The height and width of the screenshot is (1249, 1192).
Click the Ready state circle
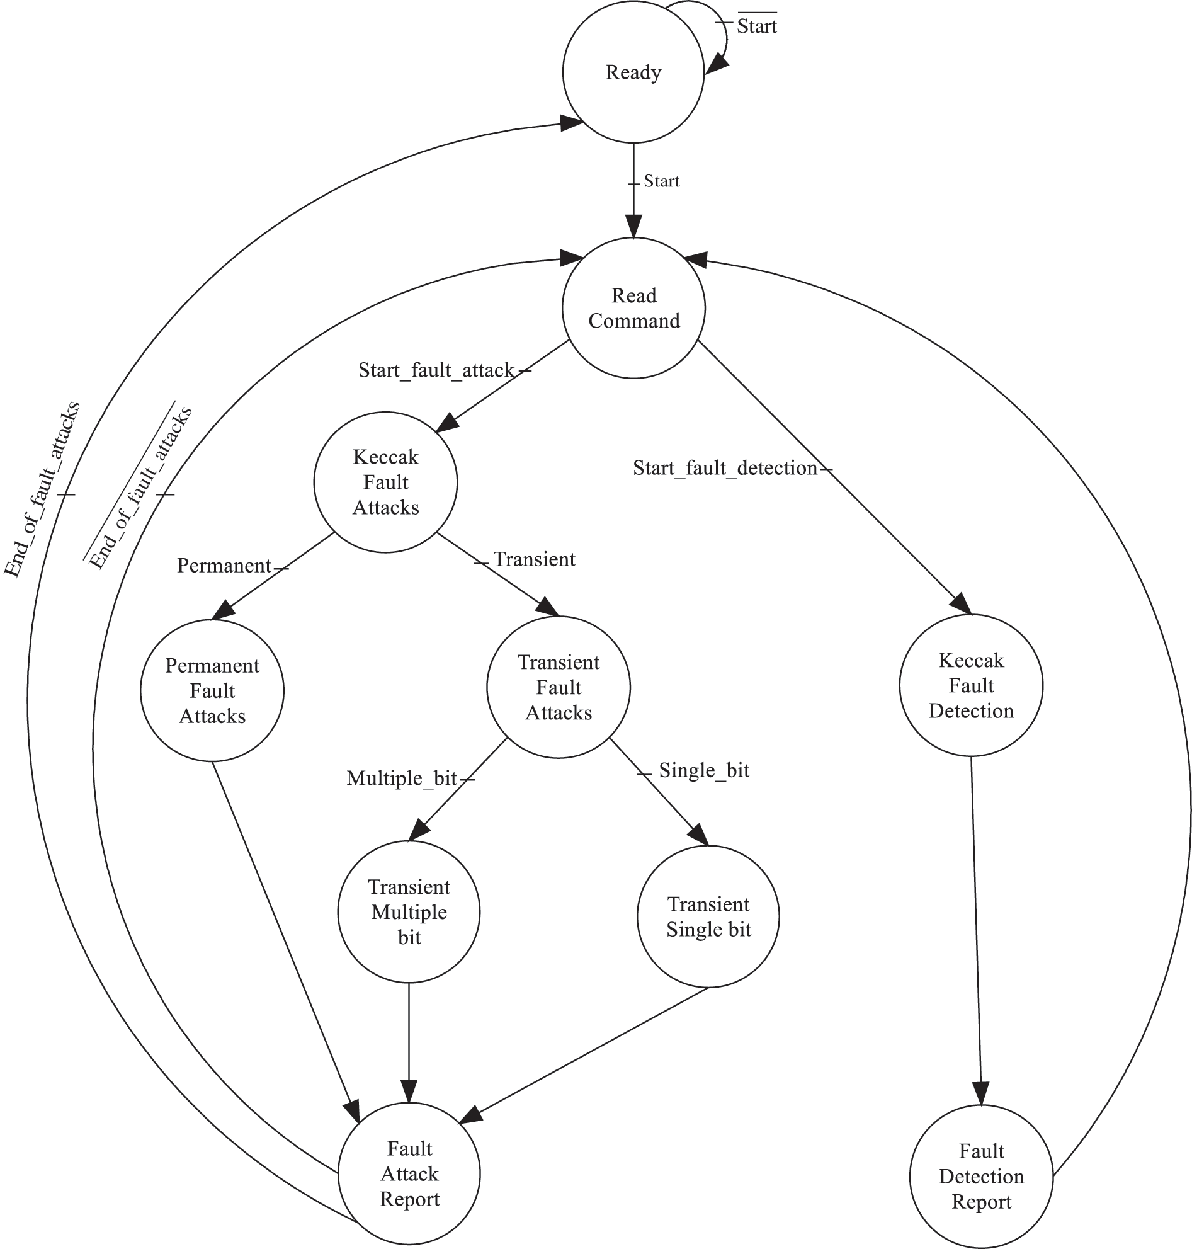[633, 72]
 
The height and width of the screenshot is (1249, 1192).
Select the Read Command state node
[633, 308]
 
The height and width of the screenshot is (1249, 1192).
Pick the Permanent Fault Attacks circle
[212, 691]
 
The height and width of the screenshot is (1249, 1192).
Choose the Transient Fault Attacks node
[559, 687]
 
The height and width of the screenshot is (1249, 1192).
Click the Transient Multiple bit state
[409, 912]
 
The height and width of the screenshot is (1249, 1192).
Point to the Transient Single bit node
[708, 916]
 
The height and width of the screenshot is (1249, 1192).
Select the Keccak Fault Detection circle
[971, 685]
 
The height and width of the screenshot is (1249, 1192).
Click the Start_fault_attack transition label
[436, 370]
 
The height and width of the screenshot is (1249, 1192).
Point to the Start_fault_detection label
[724, 469]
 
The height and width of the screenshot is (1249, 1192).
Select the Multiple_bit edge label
[402, 778]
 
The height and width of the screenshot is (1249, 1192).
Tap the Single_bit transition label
[704, 770]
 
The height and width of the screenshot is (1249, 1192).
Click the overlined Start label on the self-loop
[757, 26]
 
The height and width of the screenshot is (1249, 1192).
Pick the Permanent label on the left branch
[224, 566]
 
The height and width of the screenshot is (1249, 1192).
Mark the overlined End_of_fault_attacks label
[140, 488]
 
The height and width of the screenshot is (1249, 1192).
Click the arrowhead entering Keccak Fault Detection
[962, 603]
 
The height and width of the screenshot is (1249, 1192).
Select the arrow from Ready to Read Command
[633, 191]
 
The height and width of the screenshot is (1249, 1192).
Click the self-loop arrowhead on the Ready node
[715, 64]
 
